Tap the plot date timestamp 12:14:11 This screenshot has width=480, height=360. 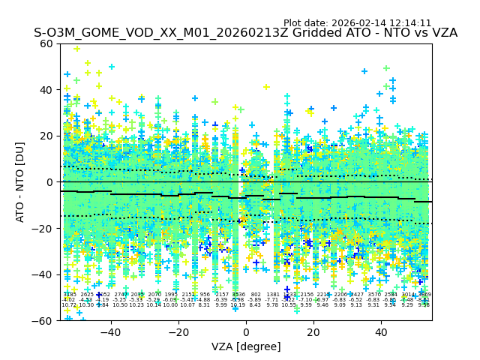405,23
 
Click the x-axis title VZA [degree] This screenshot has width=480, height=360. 246,346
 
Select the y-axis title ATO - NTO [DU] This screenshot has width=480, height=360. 21,181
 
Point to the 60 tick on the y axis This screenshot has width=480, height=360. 46,43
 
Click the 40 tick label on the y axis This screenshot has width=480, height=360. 46,90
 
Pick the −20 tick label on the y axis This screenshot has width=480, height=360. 43,228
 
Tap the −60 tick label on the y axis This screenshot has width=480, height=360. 43,320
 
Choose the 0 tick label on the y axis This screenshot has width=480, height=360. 49,182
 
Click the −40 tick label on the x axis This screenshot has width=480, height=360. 110,331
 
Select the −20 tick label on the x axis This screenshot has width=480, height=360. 178,331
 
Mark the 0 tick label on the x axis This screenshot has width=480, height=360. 246,331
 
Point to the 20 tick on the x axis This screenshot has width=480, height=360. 313,331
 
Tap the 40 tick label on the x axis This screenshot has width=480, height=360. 381,331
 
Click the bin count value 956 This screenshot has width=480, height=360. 205,295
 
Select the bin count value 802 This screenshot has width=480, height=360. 256,295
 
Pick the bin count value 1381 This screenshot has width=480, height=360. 273,295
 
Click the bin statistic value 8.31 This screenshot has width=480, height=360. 205,305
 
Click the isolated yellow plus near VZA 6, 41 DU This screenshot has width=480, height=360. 266,87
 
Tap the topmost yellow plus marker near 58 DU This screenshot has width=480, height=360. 76,49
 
